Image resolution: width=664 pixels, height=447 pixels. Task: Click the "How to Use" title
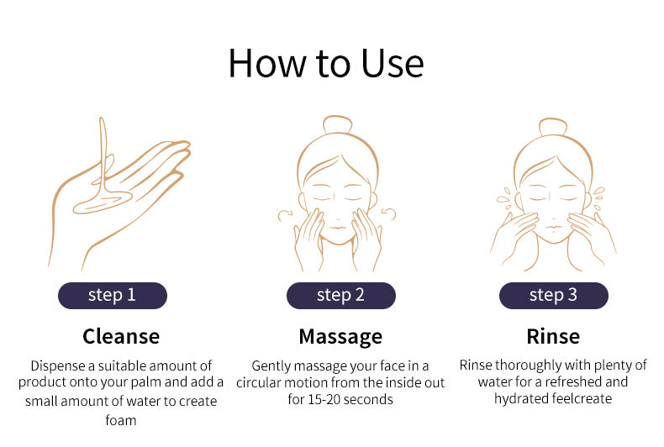pyautogui.click(x=325, y=64)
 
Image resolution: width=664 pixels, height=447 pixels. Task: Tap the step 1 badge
pyautogui.click(x=113, y=296)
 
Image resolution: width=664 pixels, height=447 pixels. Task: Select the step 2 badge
pyautogui.click(x=341, y=296)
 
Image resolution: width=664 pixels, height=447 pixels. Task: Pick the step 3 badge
pyautogui.click(x=554, y=296)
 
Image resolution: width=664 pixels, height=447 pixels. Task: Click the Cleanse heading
pyautogui.click(x=121, y=337)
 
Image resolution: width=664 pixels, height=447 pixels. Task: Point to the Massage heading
pyautogui.click(x=340, y=338)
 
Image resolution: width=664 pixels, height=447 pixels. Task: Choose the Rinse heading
pyautogui.click(x=553, y=337)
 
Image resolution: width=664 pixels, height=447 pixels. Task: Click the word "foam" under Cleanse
pyautogui.click(x=121, y=420)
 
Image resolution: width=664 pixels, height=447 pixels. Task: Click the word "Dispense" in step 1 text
pyautogui.click(x=58, y=365)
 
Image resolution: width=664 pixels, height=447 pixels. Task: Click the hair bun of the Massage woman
pyautogui.click(x=338, y=124)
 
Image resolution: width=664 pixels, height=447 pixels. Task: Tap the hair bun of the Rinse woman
pyautogui.click(x=553, y=127)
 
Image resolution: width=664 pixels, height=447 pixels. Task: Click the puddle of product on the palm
pyautogui.click(x=103, y=202)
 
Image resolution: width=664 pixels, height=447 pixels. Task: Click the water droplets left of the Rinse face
pyautogui.click(x=504, y=198)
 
